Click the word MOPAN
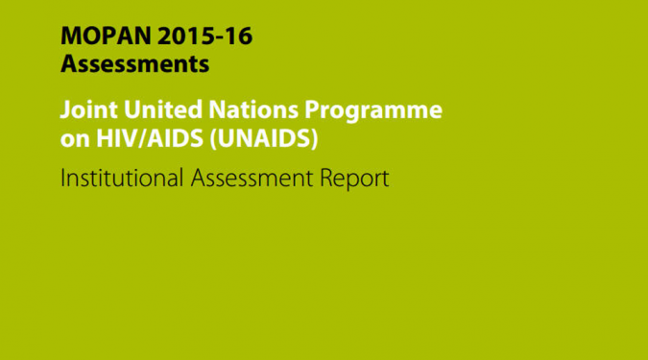tap(106, 36)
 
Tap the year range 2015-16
tap(205, 36)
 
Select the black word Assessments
tap(134, 64)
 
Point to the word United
tap(163, 109)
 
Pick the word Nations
tap(253, 109)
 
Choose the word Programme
tap(373, 111)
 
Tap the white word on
tap(75, 140)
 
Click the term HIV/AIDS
tap(150, 138)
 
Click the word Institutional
tap(122, 178)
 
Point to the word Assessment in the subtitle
tap(252, 178)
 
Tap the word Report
tap(354, 179)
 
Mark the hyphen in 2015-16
tap(219, 37)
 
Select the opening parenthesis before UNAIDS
tap(213, 139)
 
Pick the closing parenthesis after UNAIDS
tap(315, 139)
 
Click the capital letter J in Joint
tap(65, 110)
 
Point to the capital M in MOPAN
tap(72, 36)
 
